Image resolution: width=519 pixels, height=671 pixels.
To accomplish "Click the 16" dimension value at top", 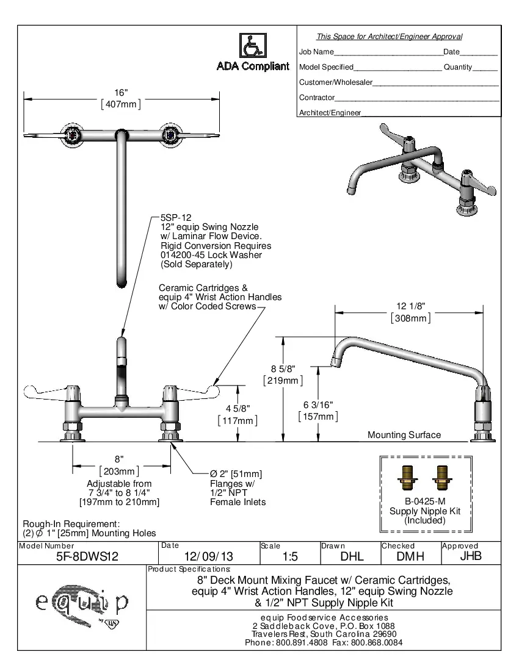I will [x=121, y=93].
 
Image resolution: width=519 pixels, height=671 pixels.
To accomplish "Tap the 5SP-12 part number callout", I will [x=176, y=217].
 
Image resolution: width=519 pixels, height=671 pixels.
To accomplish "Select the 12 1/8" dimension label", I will [x=410, y=307].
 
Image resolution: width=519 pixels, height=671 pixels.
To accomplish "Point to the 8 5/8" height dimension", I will [x=283, y=369].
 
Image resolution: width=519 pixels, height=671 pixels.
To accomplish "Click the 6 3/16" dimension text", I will [x=318, y=405].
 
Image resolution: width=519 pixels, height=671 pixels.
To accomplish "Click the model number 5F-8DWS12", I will [x=87, y=556].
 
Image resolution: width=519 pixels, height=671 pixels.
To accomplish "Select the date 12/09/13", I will [x=209, y=556].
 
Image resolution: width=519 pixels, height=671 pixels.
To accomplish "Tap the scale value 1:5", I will [x=290, y=556].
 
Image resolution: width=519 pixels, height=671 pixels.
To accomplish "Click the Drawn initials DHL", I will [x=351, y=556].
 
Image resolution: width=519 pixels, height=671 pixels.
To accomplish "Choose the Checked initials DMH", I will [x=410, y=556].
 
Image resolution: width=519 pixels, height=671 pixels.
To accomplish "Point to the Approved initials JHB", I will [x=470, y=556].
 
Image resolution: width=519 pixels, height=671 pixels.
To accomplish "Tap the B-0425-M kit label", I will [x=424, y=501].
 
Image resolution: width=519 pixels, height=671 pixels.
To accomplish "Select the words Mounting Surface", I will [x=404, y=435].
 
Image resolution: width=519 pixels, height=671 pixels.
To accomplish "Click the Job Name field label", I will [x=316, y=52].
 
